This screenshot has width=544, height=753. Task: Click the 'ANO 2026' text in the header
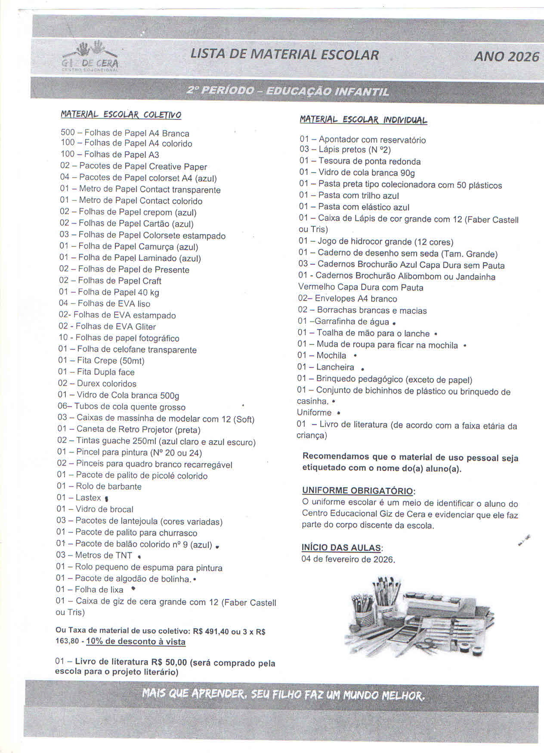(x=506, y=56)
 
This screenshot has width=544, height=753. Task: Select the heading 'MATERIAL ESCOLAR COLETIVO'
(x=121, y=115)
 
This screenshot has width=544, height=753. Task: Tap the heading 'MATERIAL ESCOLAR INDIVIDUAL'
(x=363, y=119)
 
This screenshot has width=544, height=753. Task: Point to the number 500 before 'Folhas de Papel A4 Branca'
(x=68, y=132)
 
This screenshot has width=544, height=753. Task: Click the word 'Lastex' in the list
(x=88, y=498)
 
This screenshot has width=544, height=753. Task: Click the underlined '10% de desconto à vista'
(x=136, y=642)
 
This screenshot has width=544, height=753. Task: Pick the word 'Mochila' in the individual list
(x=331, y=355)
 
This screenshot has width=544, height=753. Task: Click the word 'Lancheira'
(x=335, y=367)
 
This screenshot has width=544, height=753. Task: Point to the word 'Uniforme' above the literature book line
(x=314, y=413)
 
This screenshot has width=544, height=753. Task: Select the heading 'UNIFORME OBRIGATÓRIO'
(x=358, y=490)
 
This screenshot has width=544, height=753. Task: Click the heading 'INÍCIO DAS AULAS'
(x=341, y=548)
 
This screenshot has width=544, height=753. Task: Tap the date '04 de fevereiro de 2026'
(x=348, y=559)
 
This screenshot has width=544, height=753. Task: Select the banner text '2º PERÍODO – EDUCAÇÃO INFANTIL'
(x=288, y=91)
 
